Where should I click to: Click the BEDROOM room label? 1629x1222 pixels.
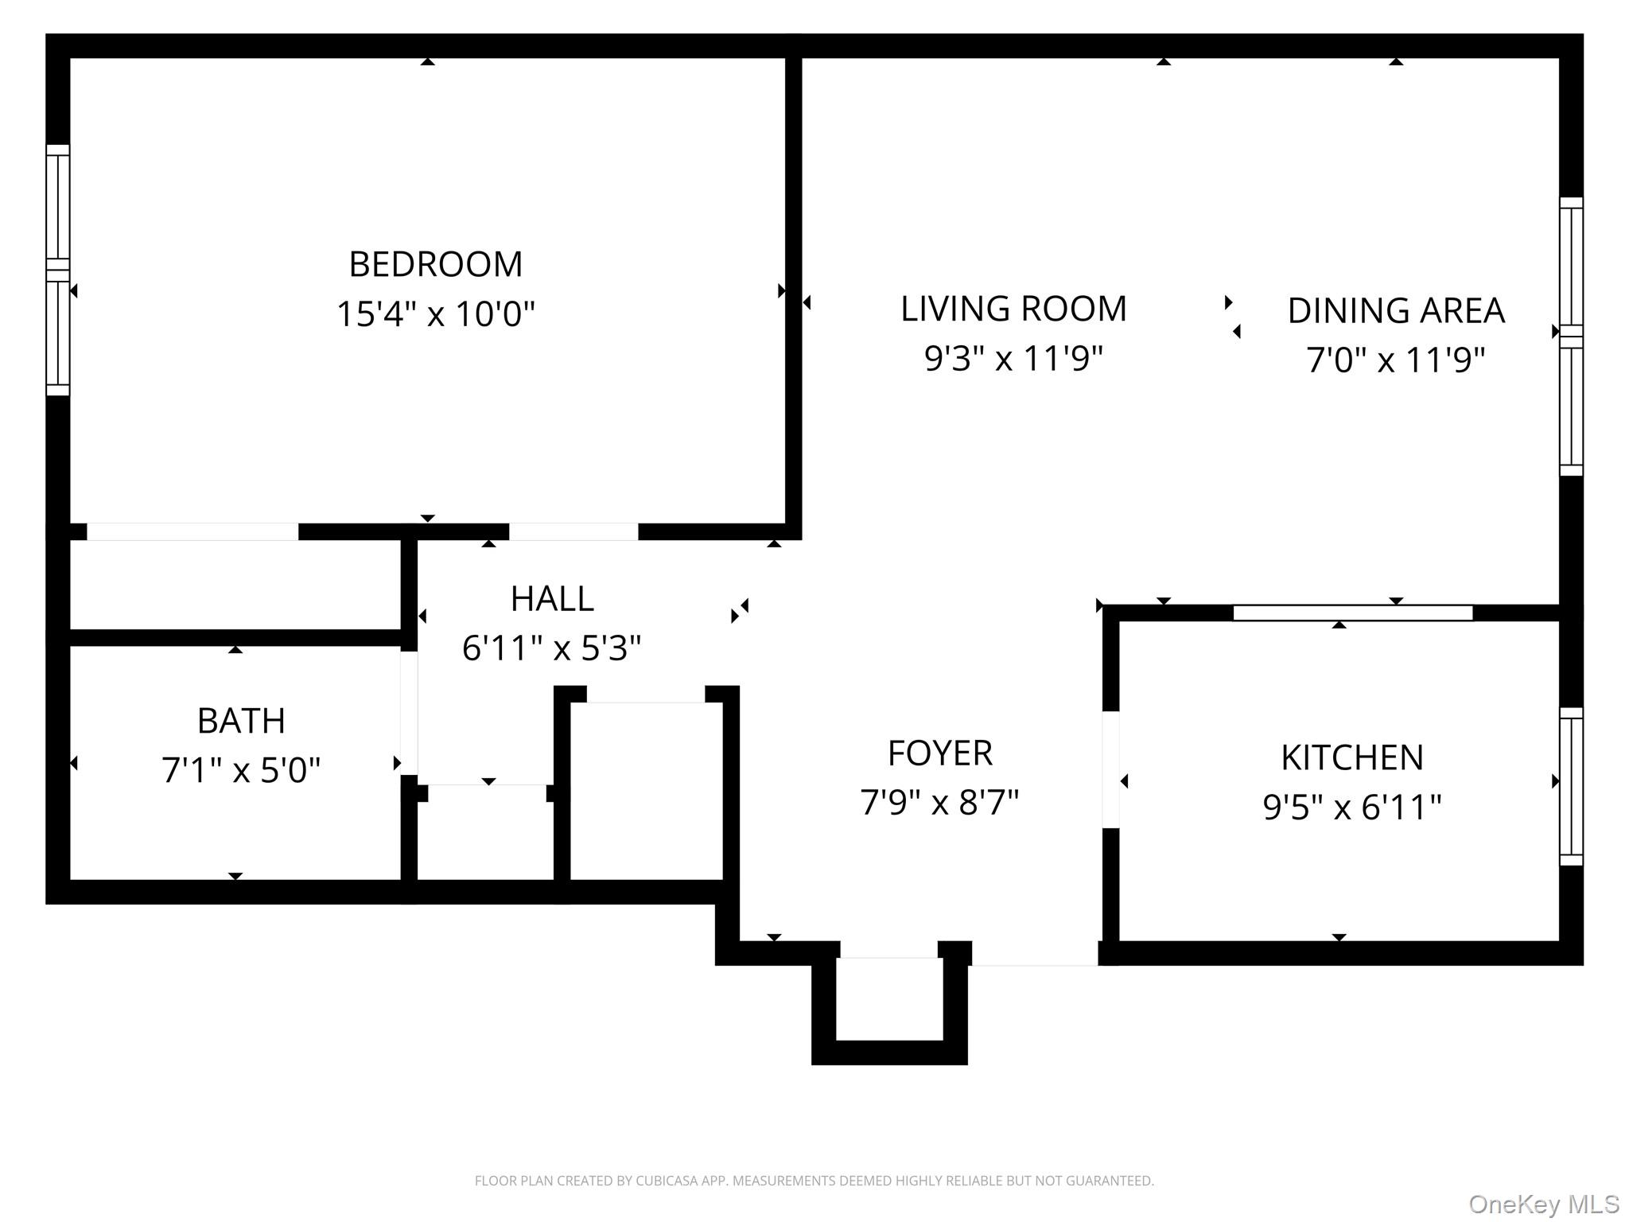click(x=436, y=264)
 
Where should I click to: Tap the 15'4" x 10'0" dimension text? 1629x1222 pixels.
click(x=436, y=314)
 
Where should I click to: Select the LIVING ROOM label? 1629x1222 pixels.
click(x=1013, y=309)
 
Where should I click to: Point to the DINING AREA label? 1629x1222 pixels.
click(x=1396, y=311)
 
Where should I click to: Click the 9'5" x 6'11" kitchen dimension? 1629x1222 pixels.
click(x=1351, y=808)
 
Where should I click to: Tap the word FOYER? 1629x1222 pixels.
click(x=939, y=753)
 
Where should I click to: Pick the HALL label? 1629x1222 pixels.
click(x=552, y=599)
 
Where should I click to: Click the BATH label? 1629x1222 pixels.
click(x=241, y=722)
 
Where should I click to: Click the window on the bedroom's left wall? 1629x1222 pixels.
click(x=58, y=270)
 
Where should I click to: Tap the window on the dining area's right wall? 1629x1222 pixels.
click(x=1571, y=336)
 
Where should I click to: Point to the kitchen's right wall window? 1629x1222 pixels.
click(x=1571, y=786)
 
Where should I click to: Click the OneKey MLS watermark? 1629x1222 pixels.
click(x=1544, y=1204)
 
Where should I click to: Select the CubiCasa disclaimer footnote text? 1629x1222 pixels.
click(x=814, y=1181)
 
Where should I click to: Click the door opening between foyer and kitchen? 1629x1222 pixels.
click(x=1110, y=769)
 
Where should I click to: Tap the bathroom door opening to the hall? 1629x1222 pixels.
click(x=409, y=713)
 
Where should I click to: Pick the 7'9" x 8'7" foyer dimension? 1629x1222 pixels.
click(x=939, y=803)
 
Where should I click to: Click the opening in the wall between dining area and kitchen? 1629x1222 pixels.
click(x=1352, y=613)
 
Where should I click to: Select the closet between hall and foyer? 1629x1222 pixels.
click(x=647, y=792)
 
